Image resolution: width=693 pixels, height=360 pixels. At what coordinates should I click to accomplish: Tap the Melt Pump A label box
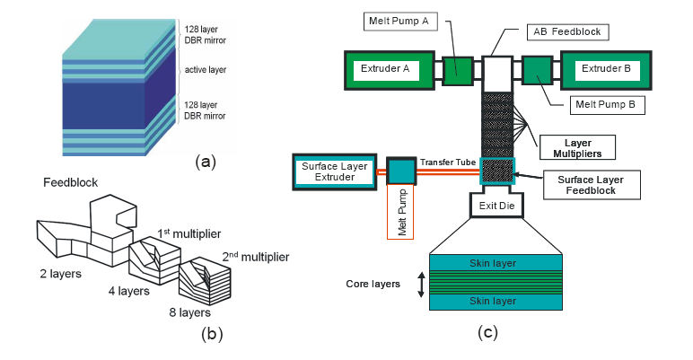click(x=397, y=20)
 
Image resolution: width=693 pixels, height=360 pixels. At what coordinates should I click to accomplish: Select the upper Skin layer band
click(x=495, y=263)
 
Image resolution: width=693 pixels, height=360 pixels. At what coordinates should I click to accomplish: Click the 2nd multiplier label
click(x=256, y=257)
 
